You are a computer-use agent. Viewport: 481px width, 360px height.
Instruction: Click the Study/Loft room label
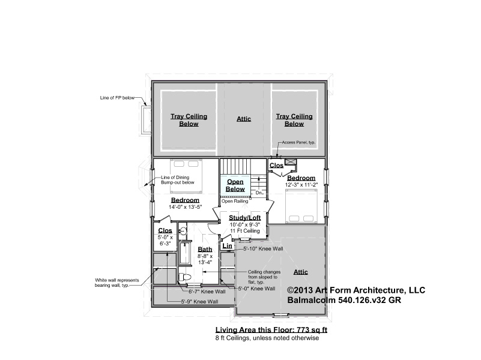pos(245,218)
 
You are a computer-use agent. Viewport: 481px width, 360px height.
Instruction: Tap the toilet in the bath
pos(185,277)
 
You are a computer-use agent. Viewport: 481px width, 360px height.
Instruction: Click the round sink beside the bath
pos(183,231)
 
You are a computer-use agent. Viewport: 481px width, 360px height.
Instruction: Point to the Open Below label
pos(235,185)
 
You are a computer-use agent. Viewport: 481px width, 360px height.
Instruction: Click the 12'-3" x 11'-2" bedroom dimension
pos(301,185)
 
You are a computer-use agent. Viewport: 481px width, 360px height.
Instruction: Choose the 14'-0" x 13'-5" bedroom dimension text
pos(186,207)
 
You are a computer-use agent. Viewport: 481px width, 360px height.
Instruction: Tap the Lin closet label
pos(228,246)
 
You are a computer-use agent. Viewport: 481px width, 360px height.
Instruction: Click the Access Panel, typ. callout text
pos(298,142)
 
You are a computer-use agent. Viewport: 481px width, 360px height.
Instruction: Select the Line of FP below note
pos(117,98)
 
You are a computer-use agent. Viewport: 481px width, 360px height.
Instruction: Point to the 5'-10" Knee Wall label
pos(263,249)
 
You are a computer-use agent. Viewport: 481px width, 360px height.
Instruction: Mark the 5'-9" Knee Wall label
pos(199,301)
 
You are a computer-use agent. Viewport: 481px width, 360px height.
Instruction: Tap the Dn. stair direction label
pos(259,193)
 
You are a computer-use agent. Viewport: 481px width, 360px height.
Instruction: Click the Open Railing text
pos(235,201)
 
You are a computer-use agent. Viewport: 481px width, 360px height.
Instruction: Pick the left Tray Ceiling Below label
pos(189,120)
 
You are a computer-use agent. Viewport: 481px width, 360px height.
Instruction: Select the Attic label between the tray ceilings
pos(244,119)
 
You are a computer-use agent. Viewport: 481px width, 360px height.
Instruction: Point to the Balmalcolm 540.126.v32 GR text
pos(344,300)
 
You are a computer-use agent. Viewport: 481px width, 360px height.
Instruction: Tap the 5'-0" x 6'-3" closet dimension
pos(165,241)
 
